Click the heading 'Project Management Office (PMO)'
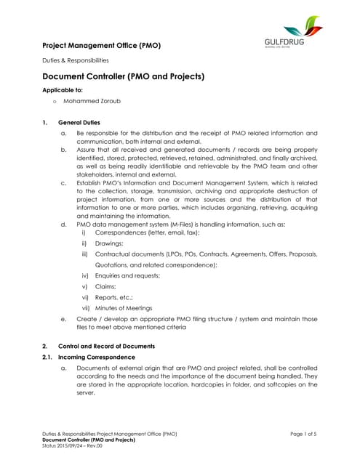click(x=101, y=46)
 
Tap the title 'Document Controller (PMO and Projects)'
click(x=123, y=76)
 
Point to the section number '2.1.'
click(x=49, y=357)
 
